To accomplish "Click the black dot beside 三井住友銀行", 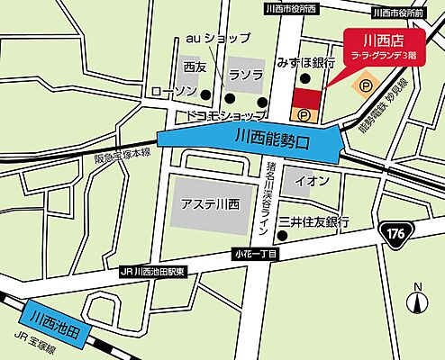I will click(x=281, y=237).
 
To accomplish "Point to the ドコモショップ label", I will click(x=225, y=116).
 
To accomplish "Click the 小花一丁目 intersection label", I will click(x=256, y=255).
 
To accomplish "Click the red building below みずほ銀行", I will click(x=307, y=98).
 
